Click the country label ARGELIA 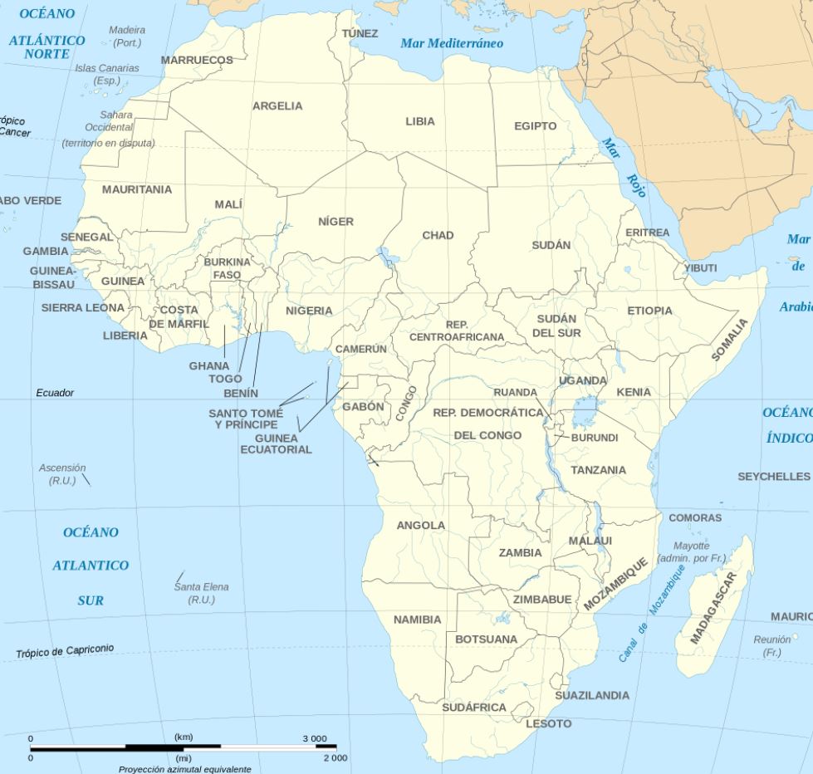point(277,106)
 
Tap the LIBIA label point(419,121)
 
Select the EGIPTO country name point(535,126)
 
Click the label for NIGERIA point(309,311)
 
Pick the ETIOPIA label point(649,311)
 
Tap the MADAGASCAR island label point(713,608)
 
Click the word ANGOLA point(420,526)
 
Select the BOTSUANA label point(486,639)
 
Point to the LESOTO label point(548,723)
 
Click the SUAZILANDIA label point(592,695)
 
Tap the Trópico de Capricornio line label point(65,652)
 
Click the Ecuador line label point(55,393)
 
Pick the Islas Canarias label point(107,74)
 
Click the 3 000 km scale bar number point(314,738)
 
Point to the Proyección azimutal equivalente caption point(184,769)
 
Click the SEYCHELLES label point(773,477)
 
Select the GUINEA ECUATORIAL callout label point(276,443)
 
